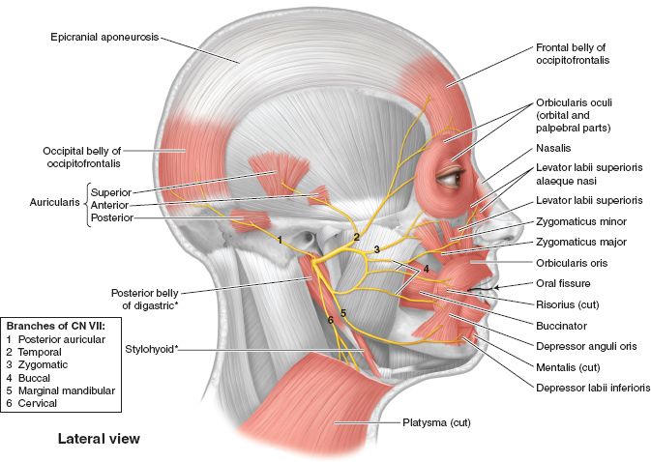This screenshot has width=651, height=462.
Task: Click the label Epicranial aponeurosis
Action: [104, 38]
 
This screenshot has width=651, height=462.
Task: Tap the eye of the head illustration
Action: [451, 178]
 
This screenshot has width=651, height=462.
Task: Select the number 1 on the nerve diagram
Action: [281, 240]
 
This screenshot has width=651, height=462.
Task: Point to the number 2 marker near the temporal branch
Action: [356, 237]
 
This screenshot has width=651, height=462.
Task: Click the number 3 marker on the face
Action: [376, 249]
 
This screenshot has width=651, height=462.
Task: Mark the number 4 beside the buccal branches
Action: [426, 269]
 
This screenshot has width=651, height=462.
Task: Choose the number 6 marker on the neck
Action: [331, 320]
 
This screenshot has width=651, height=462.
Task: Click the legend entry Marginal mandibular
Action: [67, 390]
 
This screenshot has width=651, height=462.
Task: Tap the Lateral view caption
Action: [99, 439]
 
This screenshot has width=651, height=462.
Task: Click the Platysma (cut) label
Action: [437, 422]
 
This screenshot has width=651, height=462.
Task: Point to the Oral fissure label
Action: [563, 283]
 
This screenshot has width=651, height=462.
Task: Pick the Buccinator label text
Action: [561, 326]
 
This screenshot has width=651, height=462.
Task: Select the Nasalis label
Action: [553, 148]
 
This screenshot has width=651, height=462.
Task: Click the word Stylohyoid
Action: [150, 350]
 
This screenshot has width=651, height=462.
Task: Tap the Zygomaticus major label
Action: [581, 243]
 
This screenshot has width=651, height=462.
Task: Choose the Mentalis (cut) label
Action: [568, 367]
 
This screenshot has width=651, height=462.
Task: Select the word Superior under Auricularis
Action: [111, 192]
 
